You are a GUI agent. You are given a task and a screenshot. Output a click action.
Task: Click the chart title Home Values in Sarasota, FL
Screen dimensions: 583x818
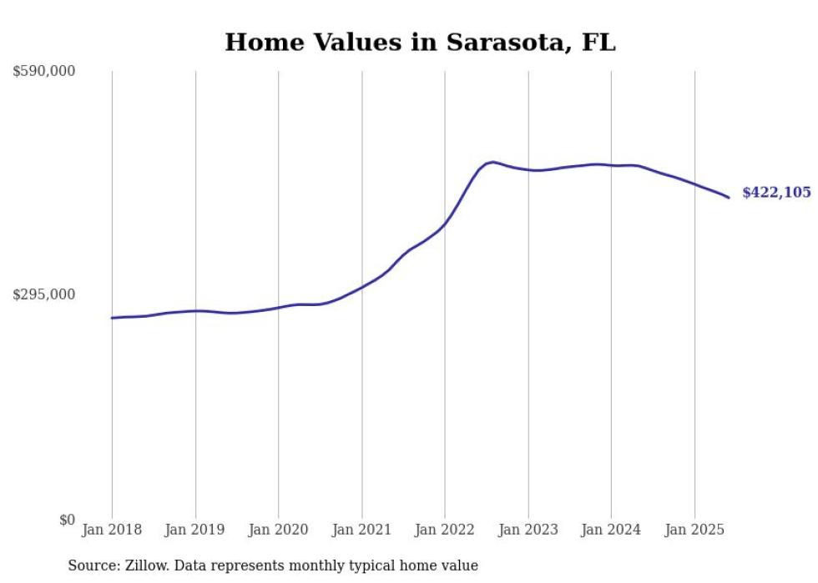[x=420, y=42]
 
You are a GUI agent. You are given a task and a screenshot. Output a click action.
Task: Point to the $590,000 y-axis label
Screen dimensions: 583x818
[x=44, y=72]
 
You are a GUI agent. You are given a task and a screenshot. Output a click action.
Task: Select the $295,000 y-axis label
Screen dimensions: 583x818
[x=44, y=294]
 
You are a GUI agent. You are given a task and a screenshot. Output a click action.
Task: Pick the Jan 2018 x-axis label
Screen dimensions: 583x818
[x=112, y=530]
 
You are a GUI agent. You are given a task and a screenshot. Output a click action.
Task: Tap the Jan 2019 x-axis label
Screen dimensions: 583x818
[x=195, y=530]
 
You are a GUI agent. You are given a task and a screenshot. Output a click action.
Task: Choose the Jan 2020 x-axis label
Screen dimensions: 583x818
[x=279, y=530]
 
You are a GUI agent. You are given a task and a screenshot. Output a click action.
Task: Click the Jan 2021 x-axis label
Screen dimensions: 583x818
[x=361, y=530]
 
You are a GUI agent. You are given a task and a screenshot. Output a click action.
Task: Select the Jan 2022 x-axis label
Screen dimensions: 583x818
[x=445, y=530]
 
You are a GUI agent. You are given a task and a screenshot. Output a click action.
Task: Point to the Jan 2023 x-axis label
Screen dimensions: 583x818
[x=528, y=530]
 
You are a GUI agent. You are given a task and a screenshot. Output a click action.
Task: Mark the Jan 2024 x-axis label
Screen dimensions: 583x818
[x=611, y=530]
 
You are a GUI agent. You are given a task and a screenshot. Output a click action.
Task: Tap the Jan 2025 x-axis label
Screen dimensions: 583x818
[x=694, y=530]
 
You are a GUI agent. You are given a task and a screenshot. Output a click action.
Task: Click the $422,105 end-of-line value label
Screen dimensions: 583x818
[x=776, y=193]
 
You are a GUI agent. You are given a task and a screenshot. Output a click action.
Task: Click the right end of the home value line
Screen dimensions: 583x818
[x=729, y=198]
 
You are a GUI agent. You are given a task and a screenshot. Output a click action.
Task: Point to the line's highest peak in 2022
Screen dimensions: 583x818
[x=493, y=162]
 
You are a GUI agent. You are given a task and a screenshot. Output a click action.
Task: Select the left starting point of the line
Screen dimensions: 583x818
[x=112, y=318]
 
